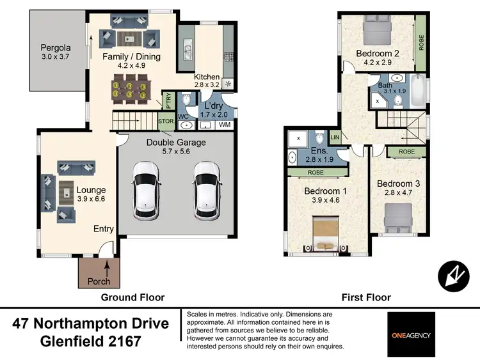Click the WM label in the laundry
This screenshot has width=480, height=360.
(224, 125)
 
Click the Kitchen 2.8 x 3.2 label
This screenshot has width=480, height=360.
(207, 81)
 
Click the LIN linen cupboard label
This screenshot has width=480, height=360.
(335, 137)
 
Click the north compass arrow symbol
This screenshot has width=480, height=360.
(453, 276)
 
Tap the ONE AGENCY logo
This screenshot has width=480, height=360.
(411, 334)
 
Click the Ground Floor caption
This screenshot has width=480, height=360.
(132, 297)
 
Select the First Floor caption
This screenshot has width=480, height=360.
(366, 297)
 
